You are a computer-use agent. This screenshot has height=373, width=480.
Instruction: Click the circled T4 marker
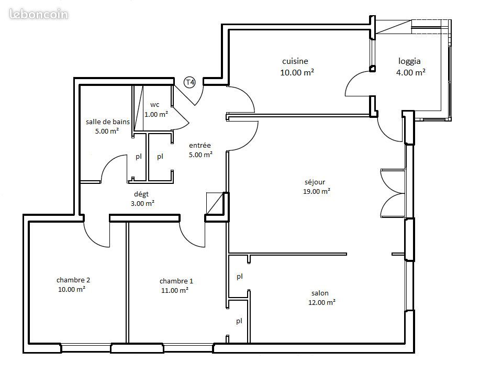click(x=189, y=82)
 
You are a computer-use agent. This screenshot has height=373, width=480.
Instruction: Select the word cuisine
click(x=295, y=61)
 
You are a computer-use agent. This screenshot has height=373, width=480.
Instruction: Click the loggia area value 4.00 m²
click(x=410, y=73)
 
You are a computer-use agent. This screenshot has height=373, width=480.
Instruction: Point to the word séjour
click(x=315, y=182)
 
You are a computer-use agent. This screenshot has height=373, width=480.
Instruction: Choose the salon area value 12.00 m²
click(x=319, y=302)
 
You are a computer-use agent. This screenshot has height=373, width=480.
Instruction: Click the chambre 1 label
click(x=172, y=281)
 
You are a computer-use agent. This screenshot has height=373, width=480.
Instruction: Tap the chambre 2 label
click(x=70, y=280)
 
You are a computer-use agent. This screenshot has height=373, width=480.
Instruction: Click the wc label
click(x=155, y=104)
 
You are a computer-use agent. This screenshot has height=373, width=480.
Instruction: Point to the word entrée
click(x=200, y=146)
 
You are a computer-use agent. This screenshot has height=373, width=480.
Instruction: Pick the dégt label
click(x=141, y=194)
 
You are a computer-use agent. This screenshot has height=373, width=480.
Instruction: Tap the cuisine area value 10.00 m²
click(x=297, y=73)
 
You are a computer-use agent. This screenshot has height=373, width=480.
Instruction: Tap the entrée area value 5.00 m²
click(x=200, y=155)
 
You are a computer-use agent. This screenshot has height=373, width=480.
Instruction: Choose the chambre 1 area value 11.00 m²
click(x=174, y=290)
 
